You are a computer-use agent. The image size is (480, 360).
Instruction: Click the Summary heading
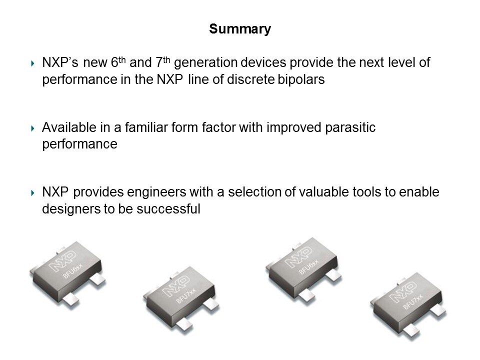click(x=240, y=29)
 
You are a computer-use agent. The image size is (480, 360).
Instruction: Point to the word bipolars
click(x=302, y=81)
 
